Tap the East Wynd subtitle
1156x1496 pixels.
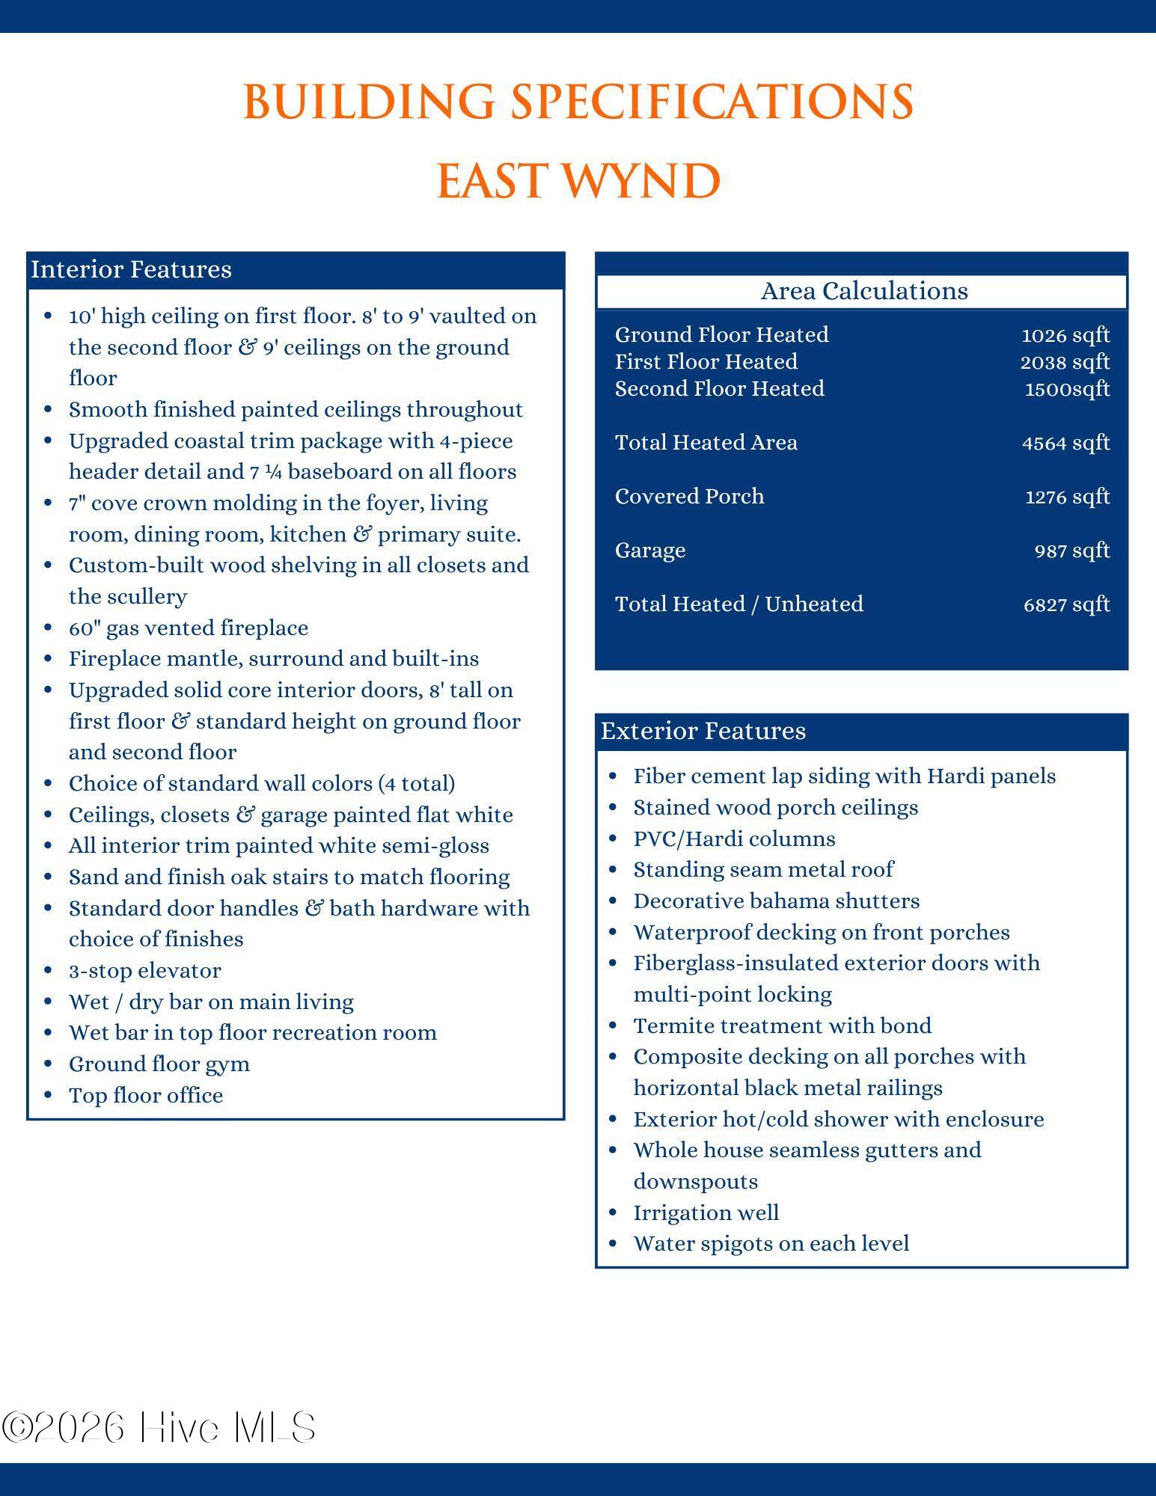pyautogui.click(x=578, y=181)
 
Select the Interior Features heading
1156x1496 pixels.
pyautogui.click(x=132, y=269)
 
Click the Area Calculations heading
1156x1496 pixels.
pyautogui.click(x=864, y=291)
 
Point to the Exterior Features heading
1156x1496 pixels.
pyautogui.click(x=703, y=731)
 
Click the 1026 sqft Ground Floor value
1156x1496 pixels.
pyautogui.click(x=1065, y=335)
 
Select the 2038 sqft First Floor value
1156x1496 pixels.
pyautogui.click(x=1065, y=362)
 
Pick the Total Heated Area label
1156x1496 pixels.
pyautogui.click(x=706, y=443)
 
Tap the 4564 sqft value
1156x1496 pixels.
pyautogui.click(x=1065, y=443)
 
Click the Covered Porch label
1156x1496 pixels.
pyautogui.click(x=689, y=497)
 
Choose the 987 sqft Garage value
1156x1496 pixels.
pyautogui.click(x=1071, y=551)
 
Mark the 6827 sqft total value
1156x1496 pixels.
pyautogui.click(x=1066, y=604)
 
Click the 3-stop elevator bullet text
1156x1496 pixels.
pyautogui.click(x=145, y=971)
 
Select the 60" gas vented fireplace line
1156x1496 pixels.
pyautogui.click(x=189, y=628)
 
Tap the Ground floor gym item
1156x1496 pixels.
pyautogui.click(x=159, y=1064)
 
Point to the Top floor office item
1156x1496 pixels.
pyautogui.click(x=146, y=1096)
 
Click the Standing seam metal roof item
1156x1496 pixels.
pyautogui.click(x=763, y=870)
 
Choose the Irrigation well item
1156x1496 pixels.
pyautogui.click(x=706, y=1213)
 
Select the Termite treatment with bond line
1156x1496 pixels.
pyautogui.click(x=783, y=1026)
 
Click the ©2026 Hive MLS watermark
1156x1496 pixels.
pyautogui.click(x=159, y=1427)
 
